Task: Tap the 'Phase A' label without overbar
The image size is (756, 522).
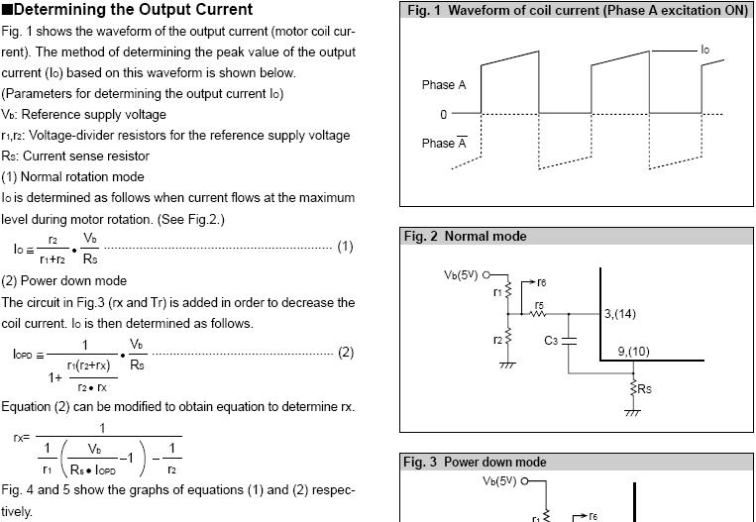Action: click(443, 85)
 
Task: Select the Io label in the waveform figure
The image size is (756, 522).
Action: click(704, 50)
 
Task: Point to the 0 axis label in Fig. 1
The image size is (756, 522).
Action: click(444, 114)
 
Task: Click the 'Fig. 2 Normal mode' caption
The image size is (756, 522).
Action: click(466, 237)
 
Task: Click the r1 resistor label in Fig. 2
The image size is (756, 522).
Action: click(497, 292)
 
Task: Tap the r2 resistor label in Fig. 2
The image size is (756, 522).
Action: click(497, 339)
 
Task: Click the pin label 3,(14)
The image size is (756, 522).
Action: click(620, 314)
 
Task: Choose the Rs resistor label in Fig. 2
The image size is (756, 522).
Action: click(644, 389)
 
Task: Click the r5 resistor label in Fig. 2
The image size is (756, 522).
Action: click(539, 305)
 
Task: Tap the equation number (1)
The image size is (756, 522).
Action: click(345, 247)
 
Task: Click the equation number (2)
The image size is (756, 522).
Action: click(346, 353)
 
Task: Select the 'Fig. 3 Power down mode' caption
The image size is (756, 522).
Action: click(476, 463)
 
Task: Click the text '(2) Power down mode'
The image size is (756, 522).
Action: click(63, 281)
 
